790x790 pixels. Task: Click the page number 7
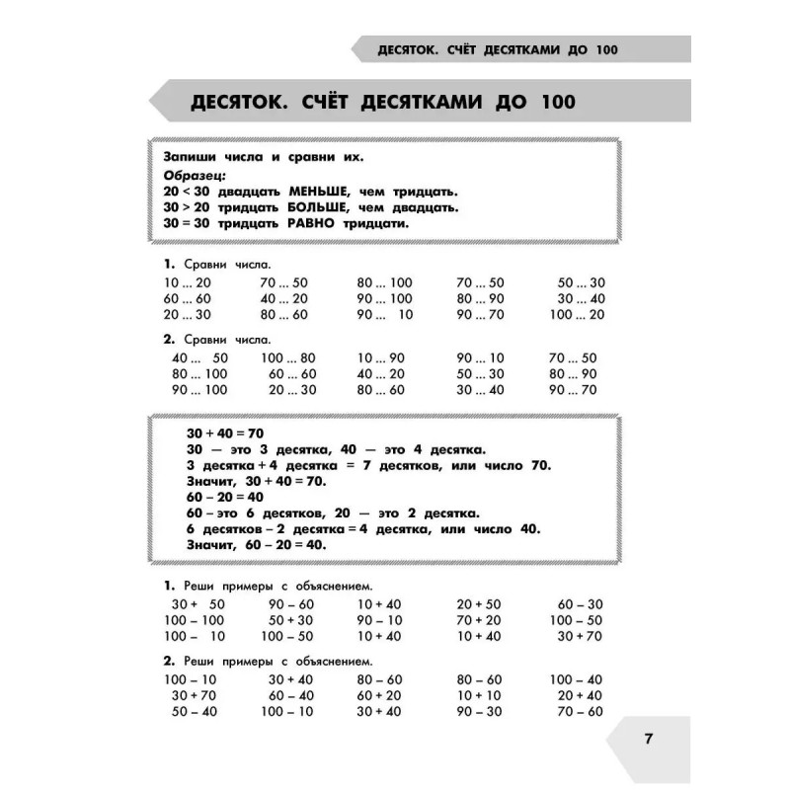(x=648, y=740)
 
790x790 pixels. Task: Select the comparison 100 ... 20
(x=578, y=314)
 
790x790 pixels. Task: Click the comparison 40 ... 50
(x=199, y=357)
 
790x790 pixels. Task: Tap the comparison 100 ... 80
(x=288, y=357)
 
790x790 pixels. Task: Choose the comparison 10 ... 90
(x=381, y=357)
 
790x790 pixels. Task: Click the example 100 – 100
(x=195, y=619)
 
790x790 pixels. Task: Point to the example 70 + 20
(x=479, y=619)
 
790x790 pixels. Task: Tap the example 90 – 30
(x=479, y=711)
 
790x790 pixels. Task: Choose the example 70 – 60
(x=580, y=711)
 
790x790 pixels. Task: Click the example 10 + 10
(x=479, y=695)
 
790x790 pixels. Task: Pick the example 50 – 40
(x=194, y=711)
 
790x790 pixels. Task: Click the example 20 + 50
(x=479, y=602)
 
